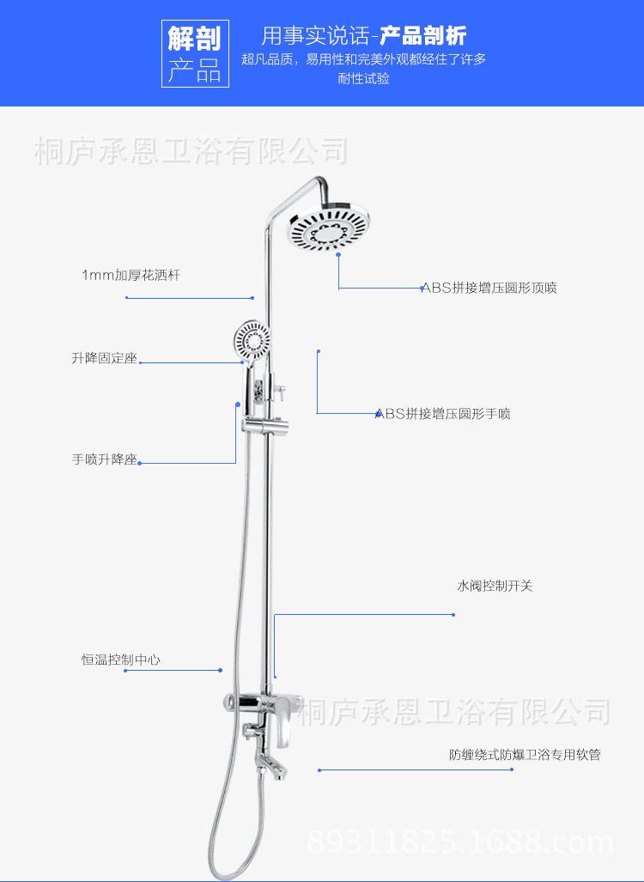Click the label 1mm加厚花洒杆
point(131,276)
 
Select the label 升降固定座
point(104,358)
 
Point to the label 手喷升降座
point(104,459)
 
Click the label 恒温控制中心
point(120,660)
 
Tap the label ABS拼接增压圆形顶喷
point(489,288)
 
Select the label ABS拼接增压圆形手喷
point(442,414)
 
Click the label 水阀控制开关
point(495,586)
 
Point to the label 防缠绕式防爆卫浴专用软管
point(525,756)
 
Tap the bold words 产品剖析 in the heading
point(423,36)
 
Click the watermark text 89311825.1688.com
point(460,841)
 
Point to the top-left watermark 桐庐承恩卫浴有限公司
point(191,151)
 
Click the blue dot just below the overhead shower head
point(338,255)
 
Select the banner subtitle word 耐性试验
point(364,78)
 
